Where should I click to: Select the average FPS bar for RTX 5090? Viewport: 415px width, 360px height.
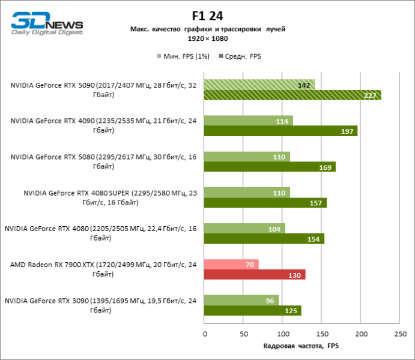point(292,95)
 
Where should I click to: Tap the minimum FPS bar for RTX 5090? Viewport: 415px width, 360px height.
point(259,85)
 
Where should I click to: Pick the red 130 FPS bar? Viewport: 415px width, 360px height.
point(255,274)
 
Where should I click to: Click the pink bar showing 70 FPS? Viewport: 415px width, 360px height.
point(231,264)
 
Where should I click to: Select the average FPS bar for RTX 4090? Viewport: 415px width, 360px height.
point(280,131)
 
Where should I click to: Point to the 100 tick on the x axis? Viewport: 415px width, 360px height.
point(283,334)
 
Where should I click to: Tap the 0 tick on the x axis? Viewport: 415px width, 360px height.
point(205,334)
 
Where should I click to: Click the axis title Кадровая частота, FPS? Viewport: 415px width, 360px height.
point(301,346)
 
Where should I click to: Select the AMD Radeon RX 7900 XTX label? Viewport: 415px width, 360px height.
point(103,269)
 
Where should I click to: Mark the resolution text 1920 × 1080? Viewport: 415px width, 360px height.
point(207,38)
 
